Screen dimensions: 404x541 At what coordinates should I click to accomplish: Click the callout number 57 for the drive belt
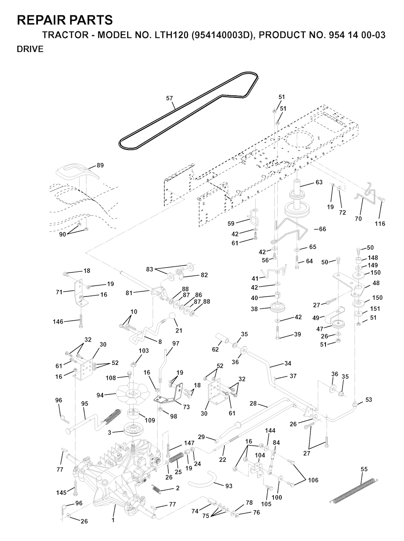point(169,98)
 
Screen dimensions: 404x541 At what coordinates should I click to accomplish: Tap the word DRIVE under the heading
point(30,49)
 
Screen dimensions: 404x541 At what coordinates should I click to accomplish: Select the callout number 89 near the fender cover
point(100,165)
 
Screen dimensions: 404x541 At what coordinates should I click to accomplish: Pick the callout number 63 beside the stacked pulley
point(319,182)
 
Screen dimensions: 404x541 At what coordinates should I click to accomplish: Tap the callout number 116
point(380,224)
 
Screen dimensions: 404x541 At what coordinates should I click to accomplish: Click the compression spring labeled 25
point(177,459)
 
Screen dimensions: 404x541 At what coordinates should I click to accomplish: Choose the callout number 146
point(58,321)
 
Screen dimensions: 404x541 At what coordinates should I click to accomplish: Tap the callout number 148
point(373,257)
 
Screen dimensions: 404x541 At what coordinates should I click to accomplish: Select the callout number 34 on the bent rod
point(288,363)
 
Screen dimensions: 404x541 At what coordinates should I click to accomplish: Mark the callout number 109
point(150,420)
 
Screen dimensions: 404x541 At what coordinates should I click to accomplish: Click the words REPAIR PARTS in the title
point(65,20)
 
